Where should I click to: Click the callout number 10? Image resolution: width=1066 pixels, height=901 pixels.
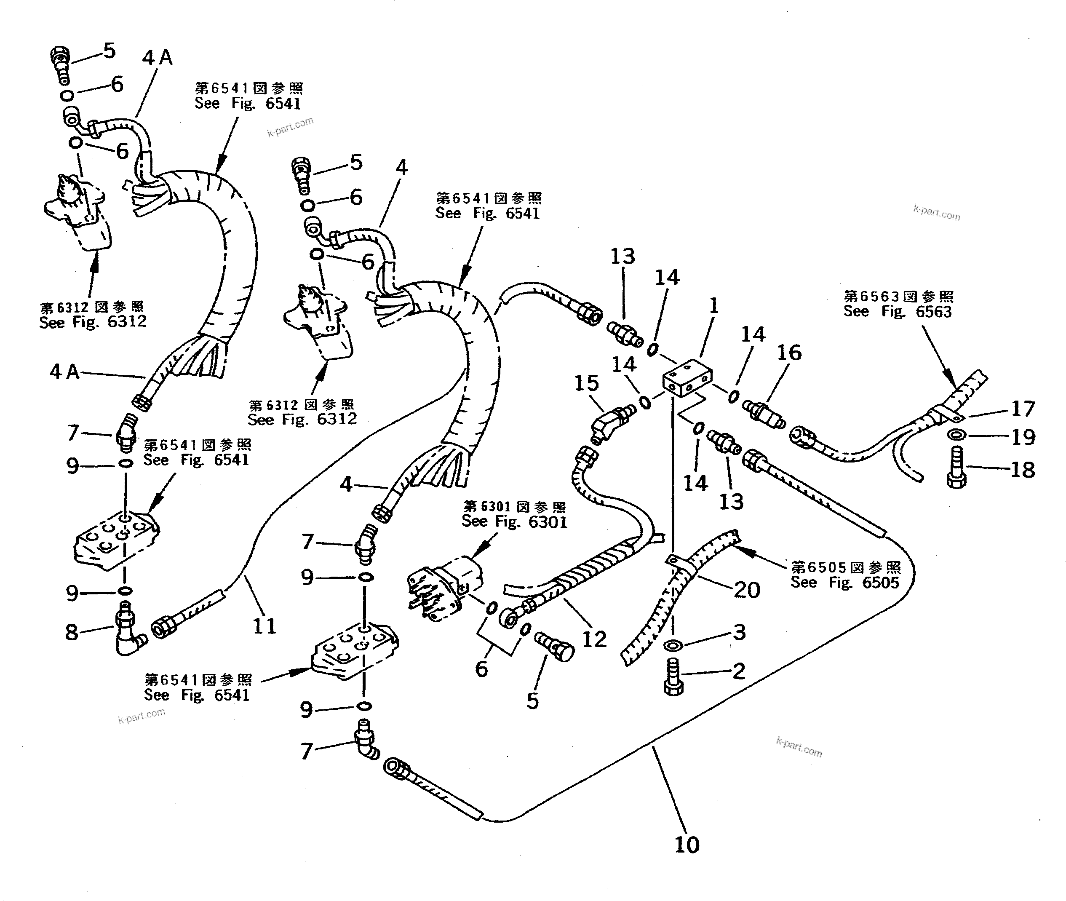[x=687, y=845]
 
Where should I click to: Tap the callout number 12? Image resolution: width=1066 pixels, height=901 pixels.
[x=594, y=639]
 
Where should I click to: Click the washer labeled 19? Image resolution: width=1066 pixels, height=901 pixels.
[x=956, y=435]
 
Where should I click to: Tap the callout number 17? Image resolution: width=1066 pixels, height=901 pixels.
[x=1023, y=409]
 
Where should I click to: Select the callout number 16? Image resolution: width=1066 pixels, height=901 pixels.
[x=789, y=353]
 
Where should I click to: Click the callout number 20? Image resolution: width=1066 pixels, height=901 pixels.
[x=747, y=590]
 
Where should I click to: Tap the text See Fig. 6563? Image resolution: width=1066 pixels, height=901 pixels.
[x=898, y=312]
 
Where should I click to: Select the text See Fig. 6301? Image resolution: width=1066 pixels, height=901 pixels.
[x=514, y=521]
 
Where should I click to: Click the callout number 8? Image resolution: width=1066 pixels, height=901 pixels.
[x=71, y=632]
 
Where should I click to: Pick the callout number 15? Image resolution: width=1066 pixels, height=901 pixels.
[x=586, y=383]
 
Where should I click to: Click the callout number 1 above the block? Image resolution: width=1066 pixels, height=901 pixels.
[x=713, y=306]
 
